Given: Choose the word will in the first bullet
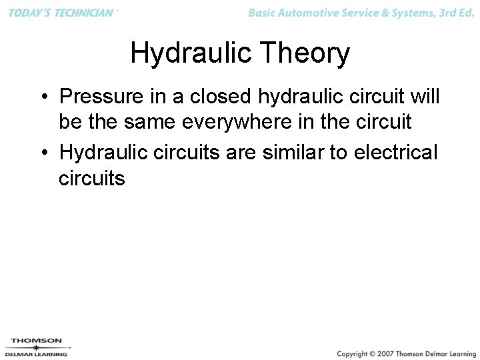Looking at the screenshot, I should pyautogui.click(x=425, y=97).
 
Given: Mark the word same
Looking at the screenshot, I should pyautogui.click(x=149, y=123).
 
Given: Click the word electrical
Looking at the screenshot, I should pyautogui.click(x=396, y=152).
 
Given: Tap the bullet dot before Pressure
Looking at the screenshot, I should pyautogui.click(x=43, y=98).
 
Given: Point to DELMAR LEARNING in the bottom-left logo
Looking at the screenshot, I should pyautogui.click(x=36, y=354).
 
